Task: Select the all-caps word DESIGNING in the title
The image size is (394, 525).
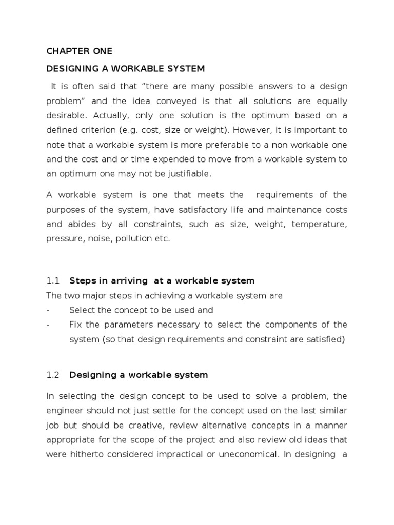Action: click(x=70, y=68)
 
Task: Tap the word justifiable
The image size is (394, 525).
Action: click(x=189, y=174)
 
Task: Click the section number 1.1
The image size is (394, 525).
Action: click(x=53, y=280)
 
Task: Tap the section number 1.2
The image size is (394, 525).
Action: click(x=53, y=375)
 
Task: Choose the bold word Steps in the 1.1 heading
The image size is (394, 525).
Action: click(x=81, y=280)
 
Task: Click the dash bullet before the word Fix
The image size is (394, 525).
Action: click(x=48, y=325)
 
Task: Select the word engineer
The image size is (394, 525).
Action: click(x=66, y=411)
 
